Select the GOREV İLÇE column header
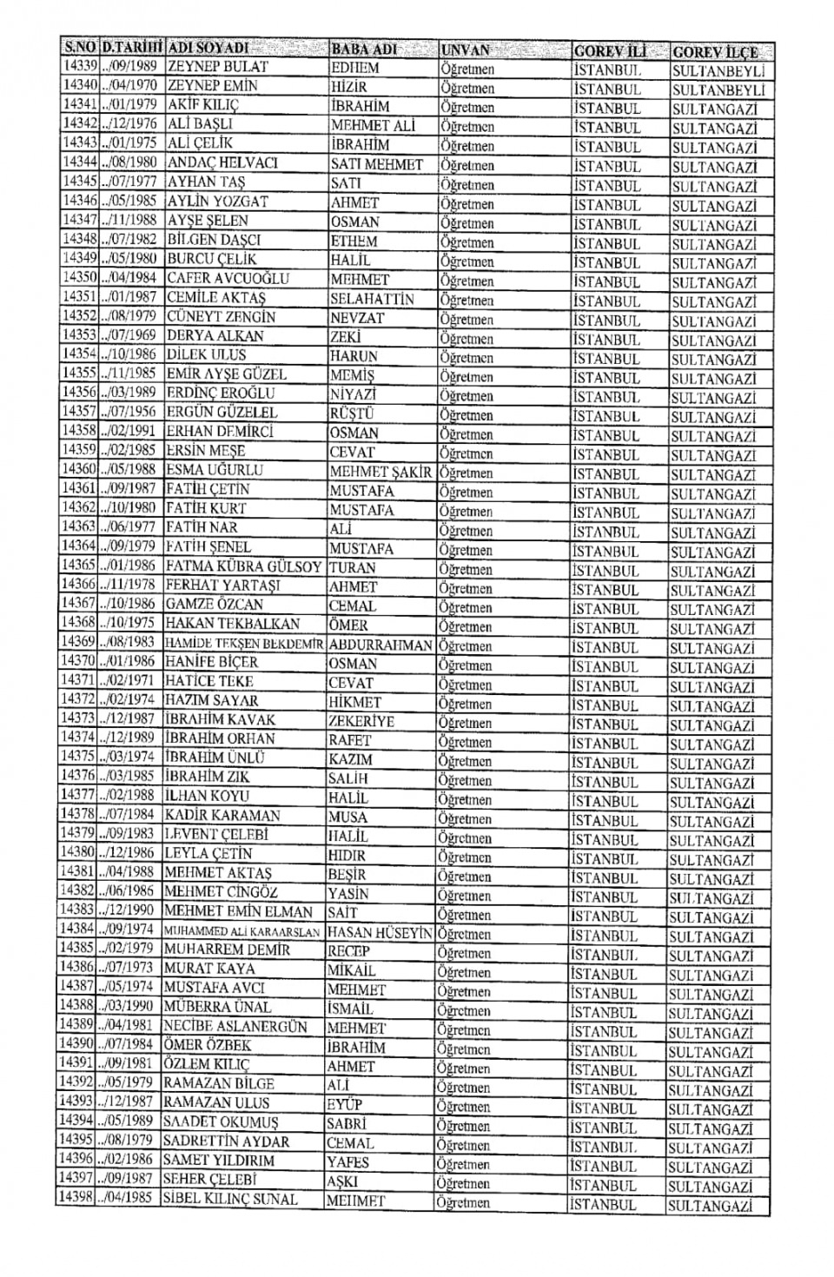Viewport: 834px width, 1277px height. (715, 51)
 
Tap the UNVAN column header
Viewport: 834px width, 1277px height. (466, 50)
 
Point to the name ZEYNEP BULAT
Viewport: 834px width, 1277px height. (218, 67)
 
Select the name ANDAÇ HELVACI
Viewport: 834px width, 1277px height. (222, 162)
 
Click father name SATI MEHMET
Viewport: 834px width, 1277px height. (376, 164)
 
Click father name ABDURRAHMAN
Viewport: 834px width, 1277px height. (381, 645)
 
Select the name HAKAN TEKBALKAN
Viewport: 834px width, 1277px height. (232, 623)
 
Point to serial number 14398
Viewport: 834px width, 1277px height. (76, 1198)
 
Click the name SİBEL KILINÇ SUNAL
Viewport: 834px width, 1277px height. (230, 1199)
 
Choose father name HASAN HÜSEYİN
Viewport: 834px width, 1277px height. (380, 932)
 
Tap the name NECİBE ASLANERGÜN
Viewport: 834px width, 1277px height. (235, 1026)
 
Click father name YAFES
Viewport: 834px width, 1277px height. (348, 1162)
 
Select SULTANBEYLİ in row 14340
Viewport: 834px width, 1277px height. (718, 89)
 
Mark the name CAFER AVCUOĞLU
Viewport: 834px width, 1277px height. (228, 278)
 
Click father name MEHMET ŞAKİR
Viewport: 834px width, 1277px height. (381, 472)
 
